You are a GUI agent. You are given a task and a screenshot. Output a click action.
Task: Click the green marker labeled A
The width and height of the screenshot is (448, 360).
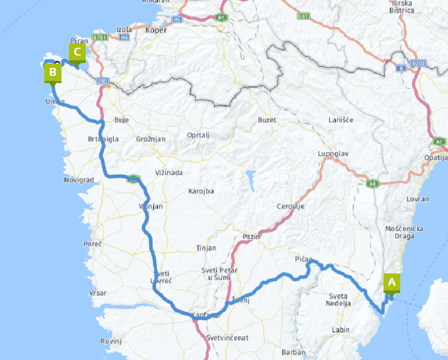click(392, 282)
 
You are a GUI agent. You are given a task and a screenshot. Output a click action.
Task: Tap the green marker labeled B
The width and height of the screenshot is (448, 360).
click(53, 73)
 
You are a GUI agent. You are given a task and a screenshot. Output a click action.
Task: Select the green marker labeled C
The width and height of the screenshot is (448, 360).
click(77, 52)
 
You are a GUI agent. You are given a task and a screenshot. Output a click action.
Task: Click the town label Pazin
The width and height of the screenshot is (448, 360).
click(251, 237)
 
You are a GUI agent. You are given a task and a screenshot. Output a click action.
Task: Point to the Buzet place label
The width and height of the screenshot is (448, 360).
click(267, 120)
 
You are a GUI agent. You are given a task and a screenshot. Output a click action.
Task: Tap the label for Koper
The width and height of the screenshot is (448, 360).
click(157, 30)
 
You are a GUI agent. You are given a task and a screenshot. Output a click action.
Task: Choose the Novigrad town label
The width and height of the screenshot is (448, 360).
click(79, 180)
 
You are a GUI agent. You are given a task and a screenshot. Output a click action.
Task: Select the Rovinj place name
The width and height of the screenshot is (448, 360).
click(111, 341)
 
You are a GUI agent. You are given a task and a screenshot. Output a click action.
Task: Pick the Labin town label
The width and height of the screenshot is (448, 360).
click(341, 330)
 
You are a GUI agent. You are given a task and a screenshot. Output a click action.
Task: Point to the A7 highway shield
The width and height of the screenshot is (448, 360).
click(439, 142)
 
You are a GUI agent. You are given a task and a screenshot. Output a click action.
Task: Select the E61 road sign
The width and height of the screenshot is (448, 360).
click(303, 16)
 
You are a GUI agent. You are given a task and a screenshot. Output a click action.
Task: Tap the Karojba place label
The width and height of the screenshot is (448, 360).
click(201, 191)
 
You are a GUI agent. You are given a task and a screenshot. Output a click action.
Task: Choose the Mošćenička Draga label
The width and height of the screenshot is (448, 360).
click(400, 232)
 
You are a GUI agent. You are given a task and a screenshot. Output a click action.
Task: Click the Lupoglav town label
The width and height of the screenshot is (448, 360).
click(333, 154)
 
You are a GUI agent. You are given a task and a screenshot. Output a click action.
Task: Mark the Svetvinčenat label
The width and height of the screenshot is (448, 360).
click(227, 338)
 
